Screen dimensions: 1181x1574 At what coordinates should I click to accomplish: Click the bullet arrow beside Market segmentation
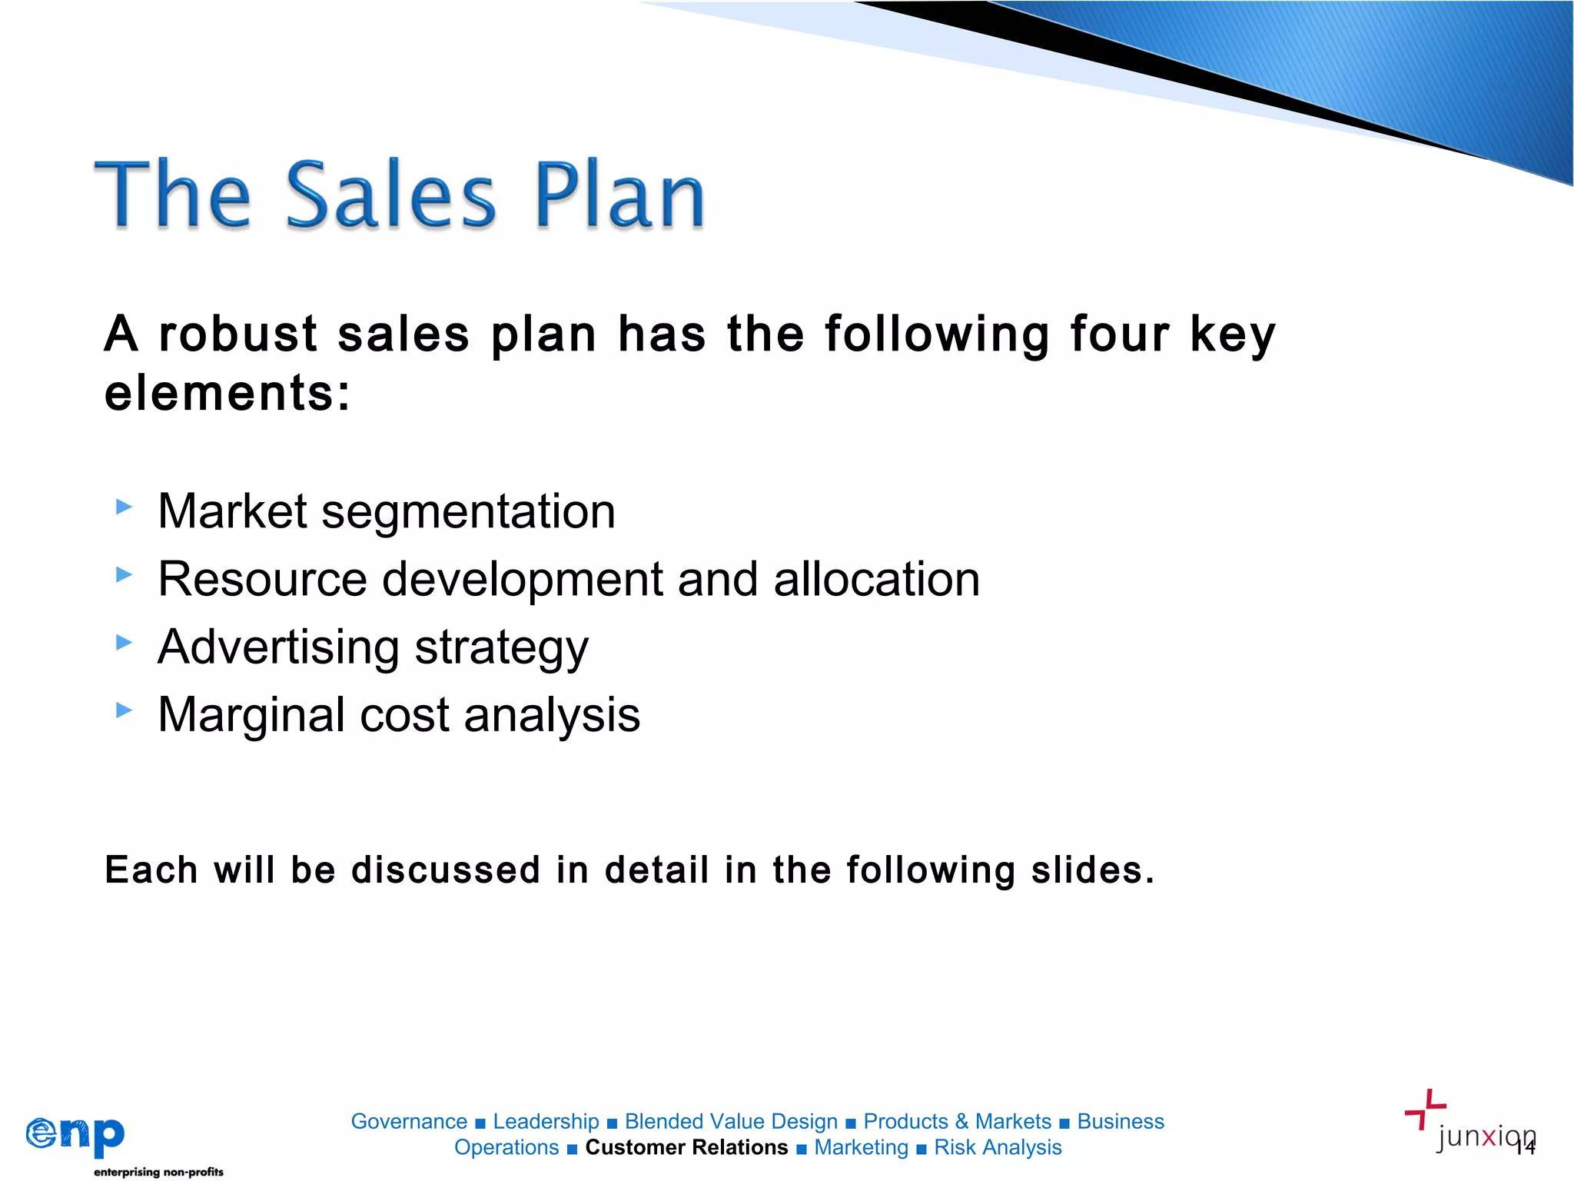(x=124, y=507)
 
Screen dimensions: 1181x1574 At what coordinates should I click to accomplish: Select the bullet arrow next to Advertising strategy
(x=124, y=642)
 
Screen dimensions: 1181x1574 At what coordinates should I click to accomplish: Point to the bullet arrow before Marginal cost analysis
(x=124, y=710)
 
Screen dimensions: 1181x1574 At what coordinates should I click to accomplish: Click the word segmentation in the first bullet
(x=468, y=512)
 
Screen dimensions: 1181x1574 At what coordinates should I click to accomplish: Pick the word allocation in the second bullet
(x=876, y=579)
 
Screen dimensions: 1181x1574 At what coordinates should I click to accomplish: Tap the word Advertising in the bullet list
(x=278, y=647)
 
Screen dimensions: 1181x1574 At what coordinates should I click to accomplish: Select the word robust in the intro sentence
(x=238, y=334)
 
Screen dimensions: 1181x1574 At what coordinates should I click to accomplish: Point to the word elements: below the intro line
(x=227, y=394)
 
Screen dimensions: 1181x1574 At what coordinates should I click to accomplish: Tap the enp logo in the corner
(x=75, y=1135)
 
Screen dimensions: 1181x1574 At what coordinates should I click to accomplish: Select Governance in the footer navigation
(x=409, y=1122)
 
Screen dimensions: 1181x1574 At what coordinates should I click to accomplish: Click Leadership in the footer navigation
(x=546, y=1122)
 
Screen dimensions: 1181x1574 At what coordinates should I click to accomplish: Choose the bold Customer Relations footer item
(x=686, y=1147)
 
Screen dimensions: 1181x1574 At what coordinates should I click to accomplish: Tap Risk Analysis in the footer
(x=998, y=1147)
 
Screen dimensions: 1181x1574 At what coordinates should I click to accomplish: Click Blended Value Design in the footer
(x=731, y=1122)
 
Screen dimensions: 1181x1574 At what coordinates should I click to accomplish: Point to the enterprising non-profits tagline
(x=158, y=1172)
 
